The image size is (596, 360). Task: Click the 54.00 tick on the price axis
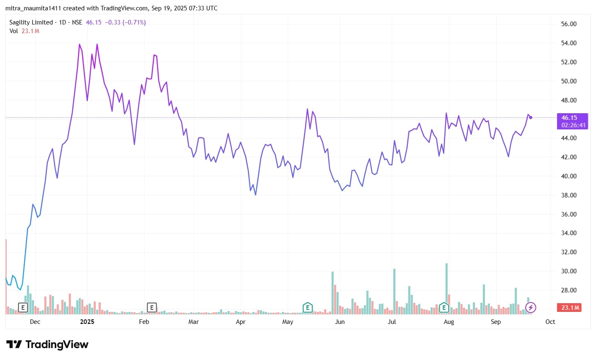(569, 43)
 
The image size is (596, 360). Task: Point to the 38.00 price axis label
(569, 195)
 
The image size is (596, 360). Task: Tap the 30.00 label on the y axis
(569, 271)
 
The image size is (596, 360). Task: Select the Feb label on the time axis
(144, 322)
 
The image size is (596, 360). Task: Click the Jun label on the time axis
(339, 322)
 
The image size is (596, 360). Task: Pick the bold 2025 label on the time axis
(87, 322)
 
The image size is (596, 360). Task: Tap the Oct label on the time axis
(550, 322)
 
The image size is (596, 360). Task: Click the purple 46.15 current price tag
(572, 118)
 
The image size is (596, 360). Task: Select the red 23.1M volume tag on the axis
(570, 308)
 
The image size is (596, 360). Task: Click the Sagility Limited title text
(31, 22)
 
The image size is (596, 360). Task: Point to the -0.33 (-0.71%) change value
(125, 22)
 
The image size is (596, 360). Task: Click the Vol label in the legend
(14, 31)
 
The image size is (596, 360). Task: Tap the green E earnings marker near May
(308, 308)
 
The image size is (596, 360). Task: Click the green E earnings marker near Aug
(444, 308)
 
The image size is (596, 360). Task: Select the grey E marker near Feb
(152, 308)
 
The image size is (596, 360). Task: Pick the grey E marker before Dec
(23, 308)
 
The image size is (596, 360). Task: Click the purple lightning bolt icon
(531, 308)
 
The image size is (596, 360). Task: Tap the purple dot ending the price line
(531, 118)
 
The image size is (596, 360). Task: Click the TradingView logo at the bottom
(47, 345)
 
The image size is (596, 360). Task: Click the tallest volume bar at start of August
(446, 289)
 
